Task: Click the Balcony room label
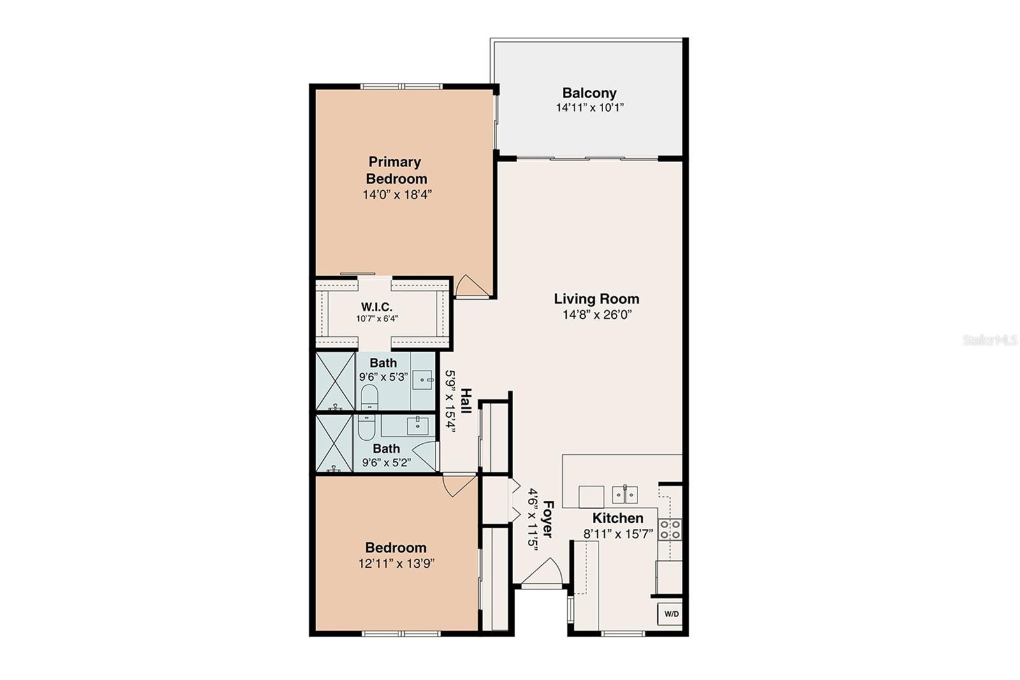589,93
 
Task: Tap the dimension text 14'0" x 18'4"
398,195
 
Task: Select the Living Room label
596,299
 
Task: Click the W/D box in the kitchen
671,614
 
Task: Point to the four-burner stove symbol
670,529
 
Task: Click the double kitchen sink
625,494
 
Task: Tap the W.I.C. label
377,307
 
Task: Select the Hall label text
466,401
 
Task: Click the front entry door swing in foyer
541,572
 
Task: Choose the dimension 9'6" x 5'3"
384,376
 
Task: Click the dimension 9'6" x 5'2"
386,462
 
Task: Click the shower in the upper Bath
335,381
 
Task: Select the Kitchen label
618,518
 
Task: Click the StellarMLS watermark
989,341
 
